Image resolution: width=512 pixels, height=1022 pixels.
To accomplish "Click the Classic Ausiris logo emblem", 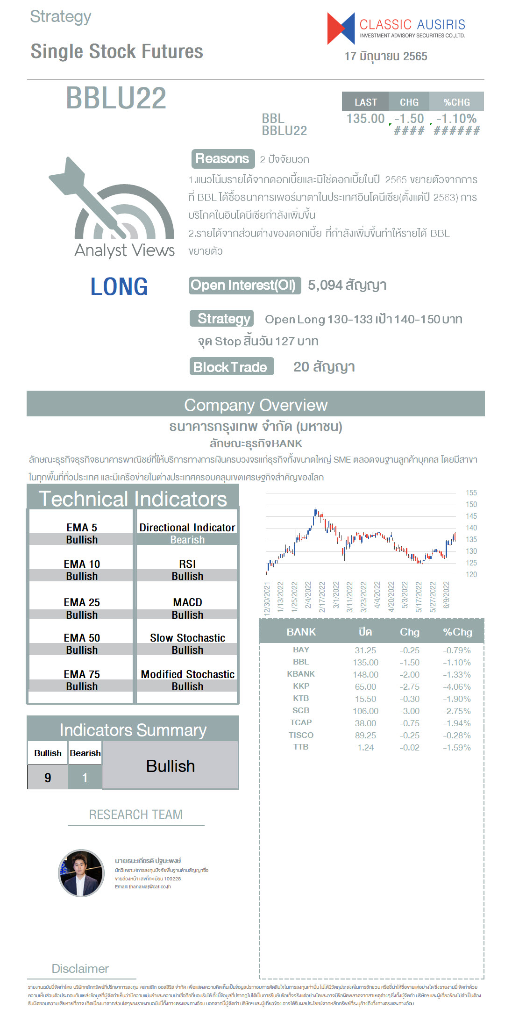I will [341, 29].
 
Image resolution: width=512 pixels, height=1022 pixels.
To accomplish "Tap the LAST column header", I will [365, 102].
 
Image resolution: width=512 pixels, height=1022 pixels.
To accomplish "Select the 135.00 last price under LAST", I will [365, 119].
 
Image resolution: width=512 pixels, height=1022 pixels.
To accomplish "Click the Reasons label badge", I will [222, 159].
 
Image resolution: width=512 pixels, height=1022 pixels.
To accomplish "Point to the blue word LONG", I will [119, 286].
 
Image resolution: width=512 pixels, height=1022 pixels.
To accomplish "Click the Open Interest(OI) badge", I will [244, 285].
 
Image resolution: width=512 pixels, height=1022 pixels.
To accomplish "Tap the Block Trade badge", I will [231, 367].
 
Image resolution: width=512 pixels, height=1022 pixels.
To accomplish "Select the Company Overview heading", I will [256, 405].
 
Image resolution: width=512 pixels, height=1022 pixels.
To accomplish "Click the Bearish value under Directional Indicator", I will [187, 540].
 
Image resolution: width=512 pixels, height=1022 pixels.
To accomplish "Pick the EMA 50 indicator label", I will [82, 638].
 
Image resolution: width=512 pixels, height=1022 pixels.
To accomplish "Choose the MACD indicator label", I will [187, 602].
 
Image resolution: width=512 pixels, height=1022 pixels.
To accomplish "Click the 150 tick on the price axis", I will [471, 505].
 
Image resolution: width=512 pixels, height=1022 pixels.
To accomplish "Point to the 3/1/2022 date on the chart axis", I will [336, 594].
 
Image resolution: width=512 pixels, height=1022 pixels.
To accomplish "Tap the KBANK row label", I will [301, 674].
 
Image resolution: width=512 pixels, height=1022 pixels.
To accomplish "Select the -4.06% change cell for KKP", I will [456, 686].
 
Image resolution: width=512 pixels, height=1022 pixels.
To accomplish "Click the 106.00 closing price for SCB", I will [365, 711].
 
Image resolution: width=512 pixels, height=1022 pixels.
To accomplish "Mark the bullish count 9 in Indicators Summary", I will [48, 777].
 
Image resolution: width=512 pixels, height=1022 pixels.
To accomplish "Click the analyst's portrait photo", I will [81, 873].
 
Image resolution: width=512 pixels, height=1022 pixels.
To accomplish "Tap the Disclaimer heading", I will [80, 968].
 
